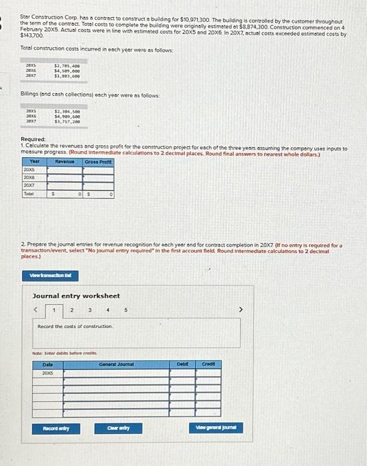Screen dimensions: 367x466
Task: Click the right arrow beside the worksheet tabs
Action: (x=242, y=310)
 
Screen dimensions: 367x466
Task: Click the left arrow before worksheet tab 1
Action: (x=39, y=310)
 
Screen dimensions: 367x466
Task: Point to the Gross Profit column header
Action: (x=98, y=162)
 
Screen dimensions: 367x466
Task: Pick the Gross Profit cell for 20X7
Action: (x=98, y=186)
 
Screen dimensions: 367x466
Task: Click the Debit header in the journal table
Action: (x=182, y=363)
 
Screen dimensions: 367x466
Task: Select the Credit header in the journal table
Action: (x=208, y=363)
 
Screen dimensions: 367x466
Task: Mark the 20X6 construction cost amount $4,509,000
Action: (x=67, y=71)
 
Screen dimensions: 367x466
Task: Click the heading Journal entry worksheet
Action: (x=76, y=296)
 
